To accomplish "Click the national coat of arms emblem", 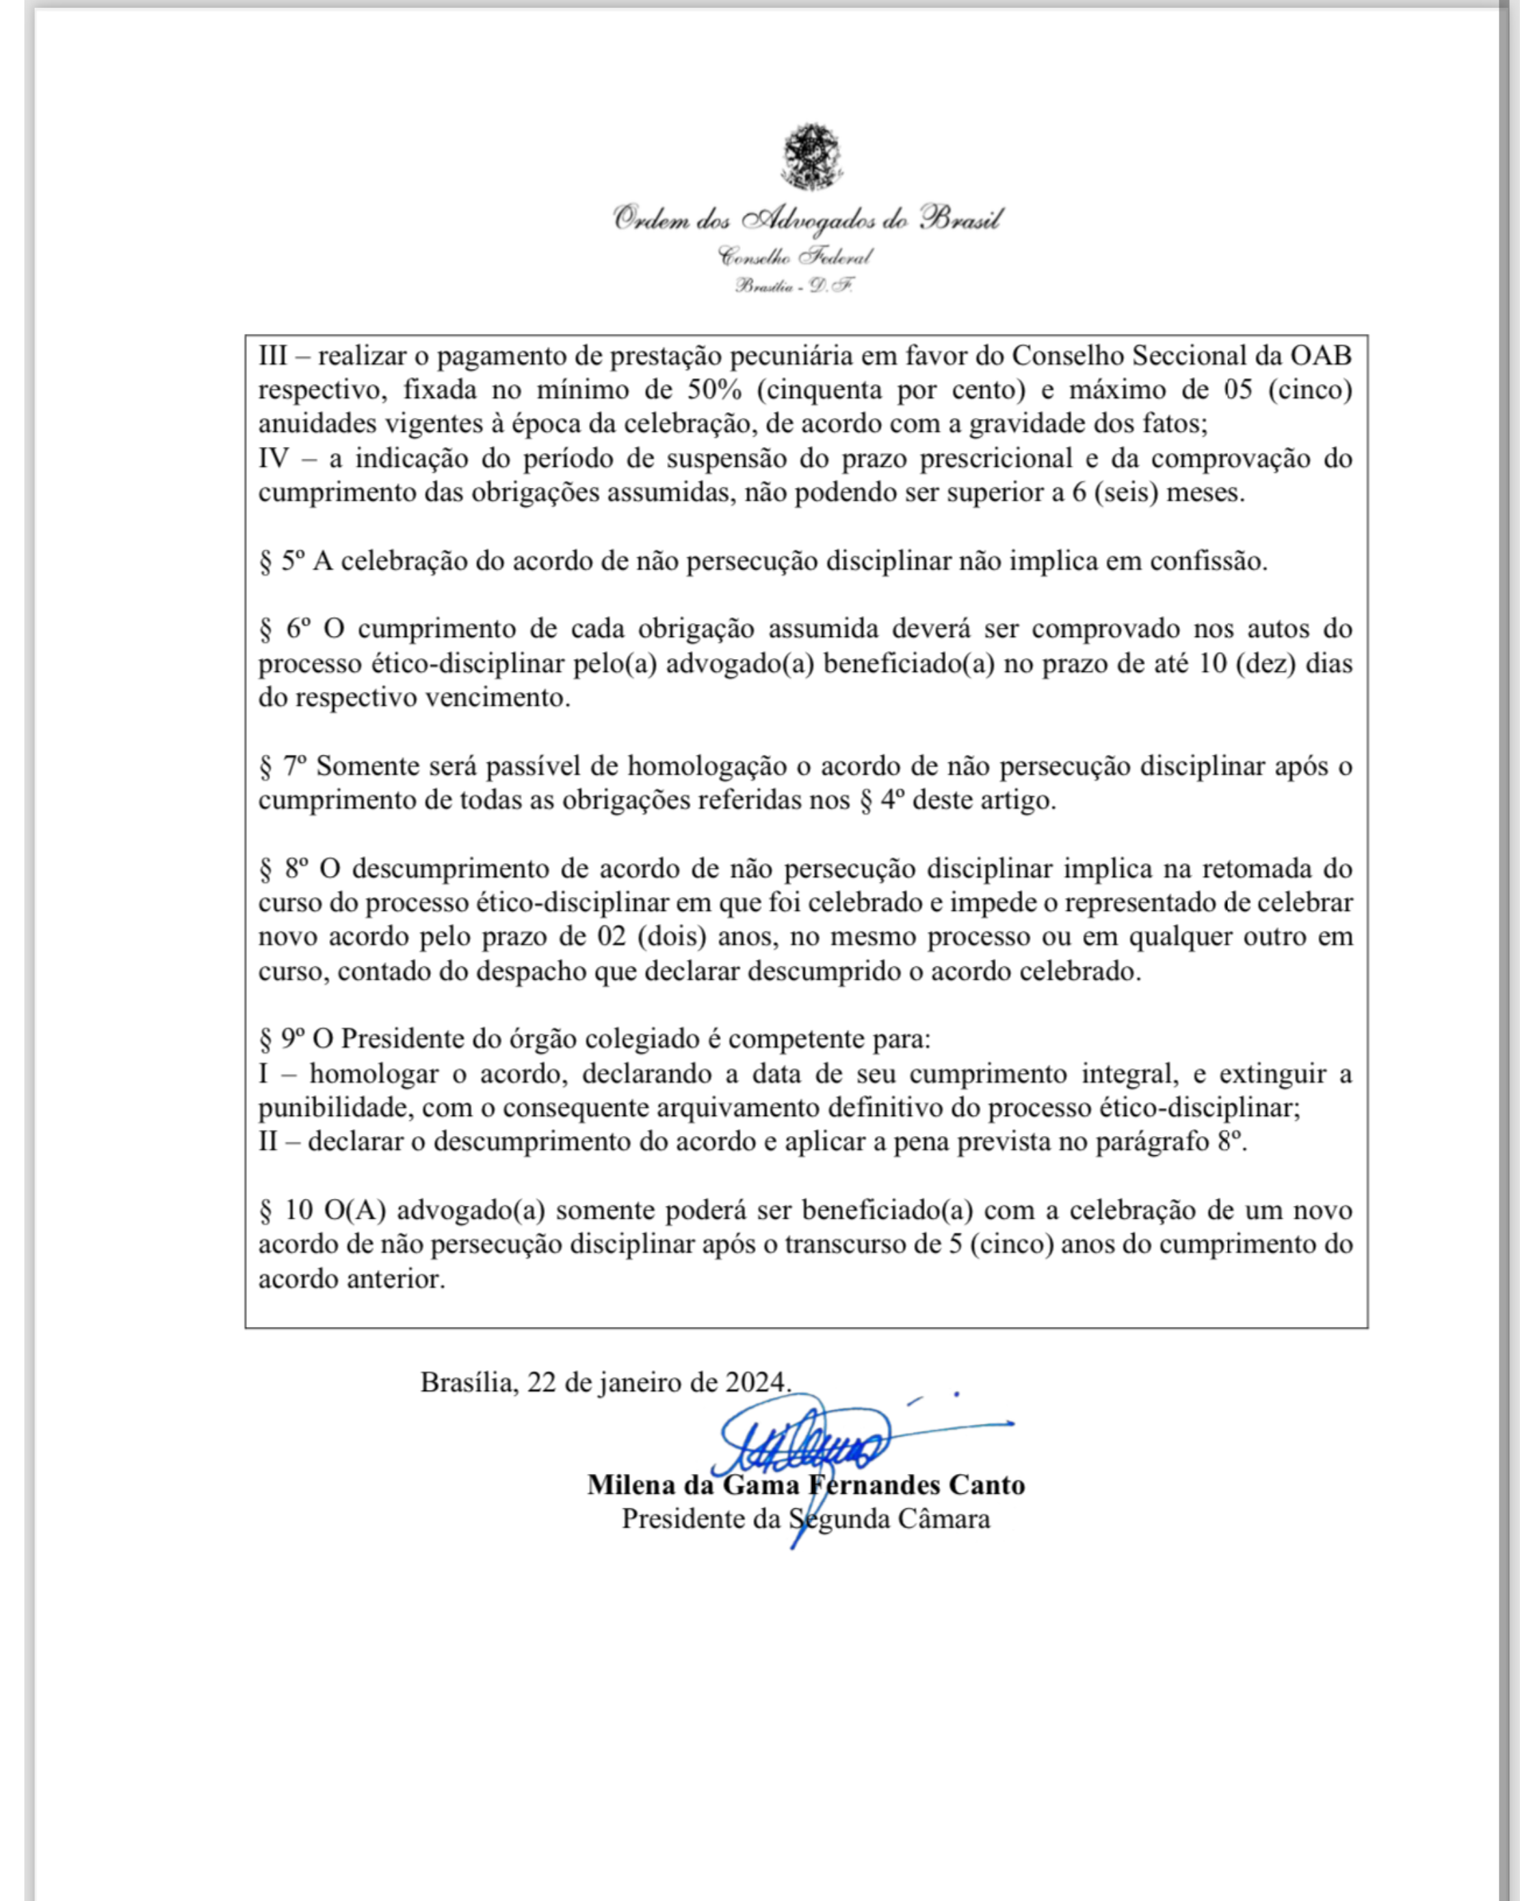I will (811, 157).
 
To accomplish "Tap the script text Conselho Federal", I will (796, 257).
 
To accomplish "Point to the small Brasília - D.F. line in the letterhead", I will (794, 285).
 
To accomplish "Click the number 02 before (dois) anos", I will (611, 936).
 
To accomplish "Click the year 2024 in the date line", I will (755, 1382).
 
